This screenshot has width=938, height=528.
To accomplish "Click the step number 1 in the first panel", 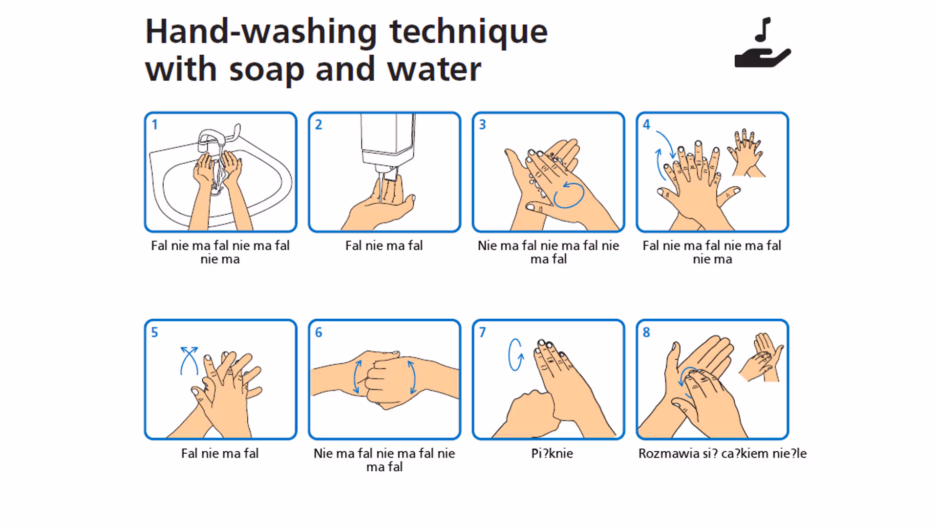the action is pos(154,125).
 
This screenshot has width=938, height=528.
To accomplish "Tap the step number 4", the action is pos(646,125).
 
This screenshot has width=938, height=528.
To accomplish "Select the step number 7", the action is pos(482,332).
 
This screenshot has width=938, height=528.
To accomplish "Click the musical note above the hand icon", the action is pos(763,30).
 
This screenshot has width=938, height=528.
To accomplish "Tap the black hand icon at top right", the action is pos(763,58).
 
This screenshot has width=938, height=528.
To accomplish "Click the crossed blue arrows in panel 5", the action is pos(189,361).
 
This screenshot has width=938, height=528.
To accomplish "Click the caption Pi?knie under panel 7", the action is pos(552,454).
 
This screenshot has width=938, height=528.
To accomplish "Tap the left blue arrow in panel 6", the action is pos(357,376).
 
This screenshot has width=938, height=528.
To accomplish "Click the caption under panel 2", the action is pos(384,245).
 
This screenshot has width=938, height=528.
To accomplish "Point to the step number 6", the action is pos(319,332).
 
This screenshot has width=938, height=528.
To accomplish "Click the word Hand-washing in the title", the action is pos(261,32).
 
